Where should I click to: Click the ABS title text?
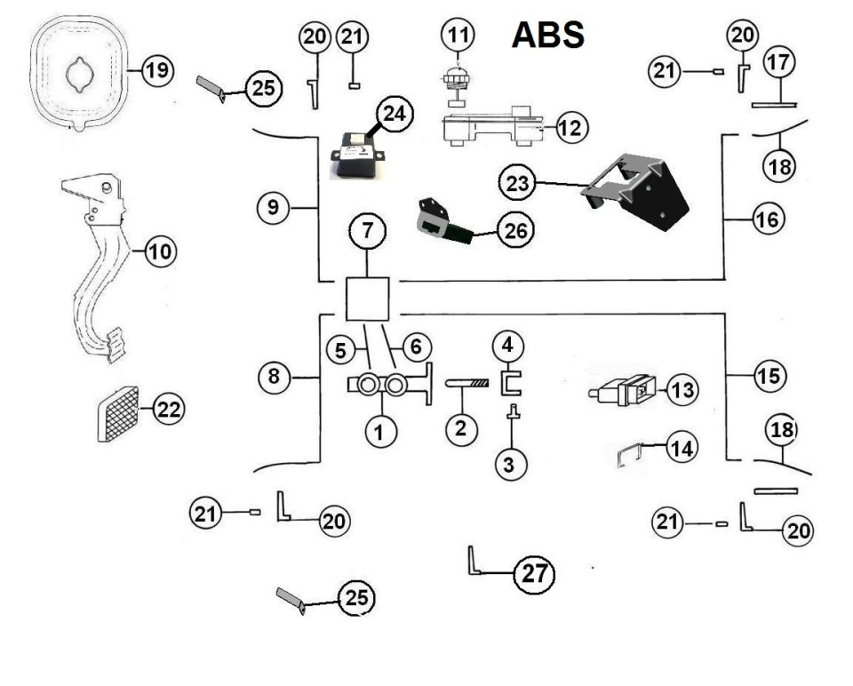tap(548, 35)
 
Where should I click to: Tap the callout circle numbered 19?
tap(158, 71)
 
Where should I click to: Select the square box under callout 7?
tap(368, 299)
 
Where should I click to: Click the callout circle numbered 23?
tap(517, 183)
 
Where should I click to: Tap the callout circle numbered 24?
tap(395, 115)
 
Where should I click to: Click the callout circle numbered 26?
tap(515, 230)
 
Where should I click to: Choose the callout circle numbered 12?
tap(570, 128)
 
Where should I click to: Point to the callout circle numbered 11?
tap(458, 35)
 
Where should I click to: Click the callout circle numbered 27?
tap(534, 574)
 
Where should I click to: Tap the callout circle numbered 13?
tap(682, 389)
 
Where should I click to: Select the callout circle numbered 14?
tap(682, 449)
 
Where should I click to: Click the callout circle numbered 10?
tap(160, 251)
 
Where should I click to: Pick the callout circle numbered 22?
tap(169, 409)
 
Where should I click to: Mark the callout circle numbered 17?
tap(779, 62)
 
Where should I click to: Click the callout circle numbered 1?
tap(379, 432)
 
